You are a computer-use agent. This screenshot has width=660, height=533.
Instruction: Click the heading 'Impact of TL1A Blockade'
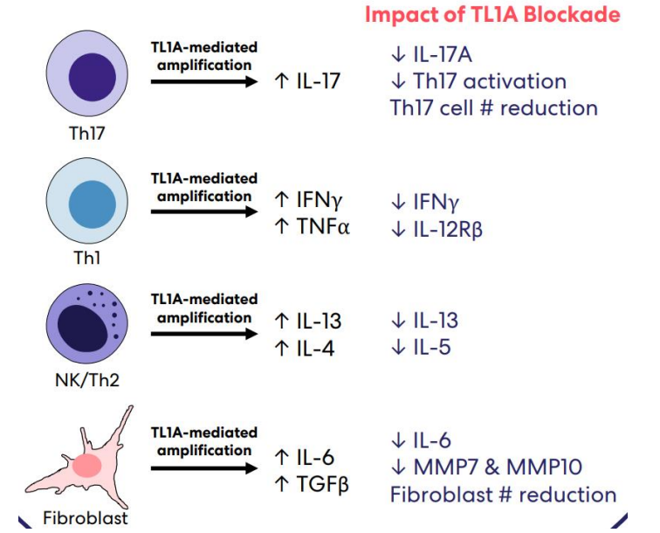point(492,15)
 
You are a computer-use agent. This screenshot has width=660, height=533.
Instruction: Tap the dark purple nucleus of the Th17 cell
point(93,77)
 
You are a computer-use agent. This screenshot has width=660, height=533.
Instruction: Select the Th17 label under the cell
point(86,133)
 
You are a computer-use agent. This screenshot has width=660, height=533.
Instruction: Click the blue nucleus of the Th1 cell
point(93,204)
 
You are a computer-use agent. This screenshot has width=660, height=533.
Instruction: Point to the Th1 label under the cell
point(87,258)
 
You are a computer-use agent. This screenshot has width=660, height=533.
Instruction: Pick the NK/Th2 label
point(87,380)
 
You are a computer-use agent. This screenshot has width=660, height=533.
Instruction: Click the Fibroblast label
point(86,518)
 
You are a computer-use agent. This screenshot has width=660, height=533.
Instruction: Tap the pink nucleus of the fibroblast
point(87,466)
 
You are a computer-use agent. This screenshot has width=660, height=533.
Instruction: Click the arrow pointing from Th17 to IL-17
point(204,81)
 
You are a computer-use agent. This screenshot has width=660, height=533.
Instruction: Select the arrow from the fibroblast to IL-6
point(204,468)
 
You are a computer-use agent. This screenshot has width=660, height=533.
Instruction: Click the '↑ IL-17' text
point(306,81)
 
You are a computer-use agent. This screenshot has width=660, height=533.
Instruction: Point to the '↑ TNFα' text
point(312,226)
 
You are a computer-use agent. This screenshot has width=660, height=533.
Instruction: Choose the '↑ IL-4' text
point(305,349)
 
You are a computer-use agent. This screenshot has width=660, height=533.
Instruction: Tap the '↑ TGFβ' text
point(312,484)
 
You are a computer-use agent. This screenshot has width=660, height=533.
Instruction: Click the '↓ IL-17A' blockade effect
point(431,55)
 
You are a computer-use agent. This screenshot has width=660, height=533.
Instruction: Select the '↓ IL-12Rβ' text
point(437,230)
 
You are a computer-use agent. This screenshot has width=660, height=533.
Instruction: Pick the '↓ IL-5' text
point(421,347)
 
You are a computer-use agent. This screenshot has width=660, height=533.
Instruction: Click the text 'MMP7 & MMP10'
point(498,467)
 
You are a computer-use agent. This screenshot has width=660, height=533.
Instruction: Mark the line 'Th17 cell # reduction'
point(494,107)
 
